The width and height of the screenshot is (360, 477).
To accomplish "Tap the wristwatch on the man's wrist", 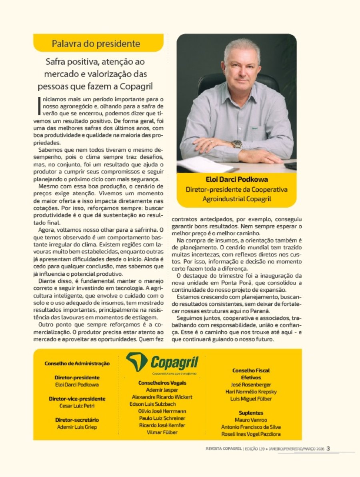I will point(237,144).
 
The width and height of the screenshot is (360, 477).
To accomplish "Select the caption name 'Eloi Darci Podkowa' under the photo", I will point(237,180).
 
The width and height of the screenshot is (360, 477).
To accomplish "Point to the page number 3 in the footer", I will point(328,448).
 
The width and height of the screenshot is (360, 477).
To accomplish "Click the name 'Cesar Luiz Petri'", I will point(77,406).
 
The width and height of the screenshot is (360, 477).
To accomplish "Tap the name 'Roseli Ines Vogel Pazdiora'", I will point(251,434).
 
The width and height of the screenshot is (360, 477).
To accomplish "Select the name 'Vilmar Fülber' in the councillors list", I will point(162,432).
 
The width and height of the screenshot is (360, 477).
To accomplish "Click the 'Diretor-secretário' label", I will point(77,420).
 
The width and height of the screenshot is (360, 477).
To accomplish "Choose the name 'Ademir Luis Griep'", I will point(77,427).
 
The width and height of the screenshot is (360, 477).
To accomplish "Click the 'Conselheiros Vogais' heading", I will point(162,383).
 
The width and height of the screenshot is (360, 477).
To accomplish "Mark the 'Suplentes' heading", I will point(251,413).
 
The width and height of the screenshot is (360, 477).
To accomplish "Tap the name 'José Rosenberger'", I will point(251,385).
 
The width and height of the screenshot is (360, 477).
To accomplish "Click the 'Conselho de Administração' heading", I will point(77,363).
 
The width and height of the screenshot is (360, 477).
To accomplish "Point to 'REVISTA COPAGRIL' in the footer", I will point(221,449).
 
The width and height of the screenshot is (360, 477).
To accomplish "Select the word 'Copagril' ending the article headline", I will point(135,86).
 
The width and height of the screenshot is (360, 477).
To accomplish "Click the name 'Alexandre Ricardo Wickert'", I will point(162,397).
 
